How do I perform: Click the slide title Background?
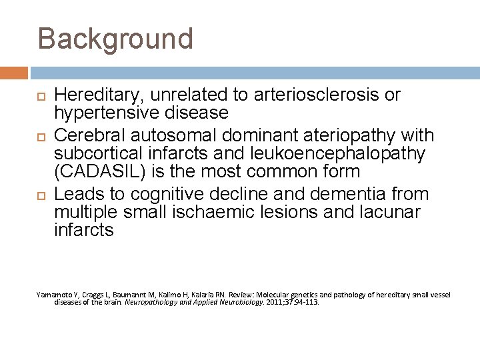115,38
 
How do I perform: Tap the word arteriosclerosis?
314,95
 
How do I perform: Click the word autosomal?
167,136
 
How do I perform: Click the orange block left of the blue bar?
13,73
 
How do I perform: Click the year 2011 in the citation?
274,301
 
